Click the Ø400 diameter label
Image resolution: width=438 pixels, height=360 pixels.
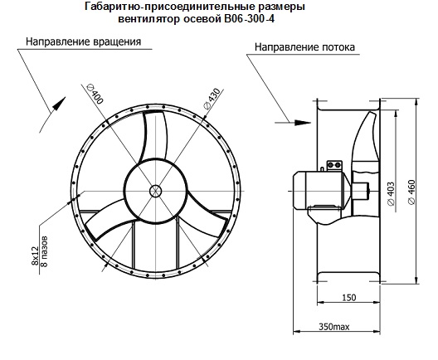(95, 94)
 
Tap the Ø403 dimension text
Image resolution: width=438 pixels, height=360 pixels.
(391, 193)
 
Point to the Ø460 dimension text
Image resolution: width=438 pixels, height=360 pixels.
(411, 192)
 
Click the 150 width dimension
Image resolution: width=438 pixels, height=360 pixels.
(349, 298)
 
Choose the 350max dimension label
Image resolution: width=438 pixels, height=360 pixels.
(334, 327)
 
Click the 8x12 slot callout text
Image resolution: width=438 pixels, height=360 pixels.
(35, 255)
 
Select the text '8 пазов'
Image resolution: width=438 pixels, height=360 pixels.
(44, 251)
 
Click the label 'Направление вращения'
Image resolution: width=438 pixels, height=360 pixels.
(84, 41)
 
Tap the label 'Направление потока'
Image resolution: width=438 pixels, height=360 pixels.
(304, 47)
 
